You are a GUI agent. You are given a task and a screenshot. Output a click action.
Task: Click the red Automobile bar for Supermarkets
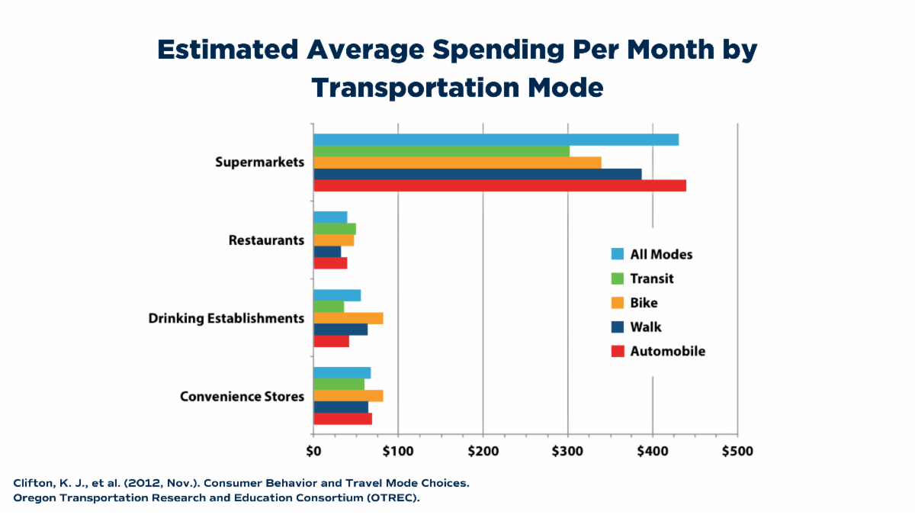click(x=499, y=185)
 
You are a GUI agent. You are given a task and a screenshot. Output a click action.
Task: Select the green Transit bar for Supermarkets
click(x=441, y=151)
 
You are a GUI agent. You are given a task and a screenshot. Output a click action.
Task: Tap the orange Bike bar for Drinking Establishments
click(x=348, y=318)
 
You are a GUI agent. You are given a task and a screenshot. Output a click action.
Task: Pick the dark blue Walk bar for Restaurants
click(x=327, y=252)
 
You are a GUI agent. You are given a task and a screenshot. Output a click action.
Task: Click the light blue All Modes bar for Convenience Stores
click(x=342, y=372)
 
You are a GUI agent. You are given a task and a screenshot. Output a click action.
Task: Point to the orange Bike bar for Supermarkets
click(x=457, y=163)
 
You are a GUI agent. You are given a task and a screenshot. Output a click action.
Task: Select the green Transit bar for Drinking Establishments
click(x=329, y=307)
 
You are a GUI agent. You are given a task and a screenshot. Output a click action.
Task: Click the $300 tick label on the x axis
click(x=567, y=451)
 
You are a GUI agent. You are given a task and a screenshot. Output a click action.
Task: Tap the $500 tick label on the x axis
click(x=737, y=451)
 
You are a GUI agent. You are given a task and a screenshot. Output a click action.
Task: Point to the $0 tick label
click(x=313, y=451)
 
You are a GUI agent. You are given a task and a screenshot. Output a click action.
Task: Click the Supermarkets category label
click(x=259, y=163)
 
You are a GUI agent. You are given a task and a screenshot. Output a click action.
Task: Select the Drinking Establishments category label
click(x=226, y=318)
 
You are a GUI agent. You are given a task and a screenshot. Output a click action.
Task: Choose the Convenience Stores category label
click(x=242, y=397)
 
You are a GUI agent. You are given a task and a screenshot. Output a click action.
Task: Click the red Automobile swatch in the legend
click(x=618, y=352)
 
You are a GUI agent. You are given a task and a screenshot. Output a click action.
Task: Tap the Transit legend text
click(x=652, y=279)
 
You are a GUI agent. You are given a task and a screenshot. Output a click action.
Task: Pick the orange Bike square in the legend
click(x=618, y=303)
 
